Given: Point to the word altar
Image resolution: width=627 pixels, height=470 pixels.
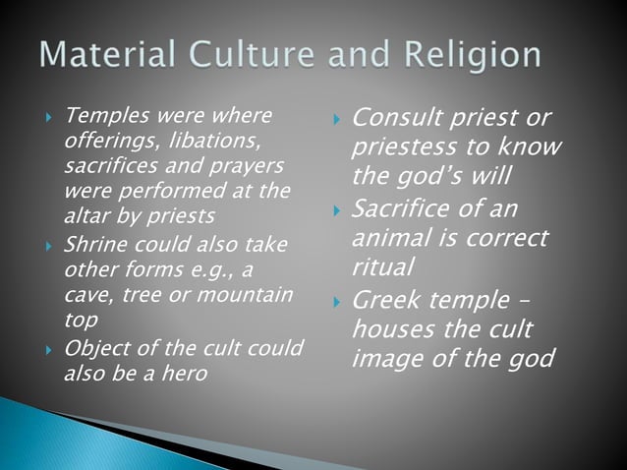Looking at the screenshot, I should pos(86,215).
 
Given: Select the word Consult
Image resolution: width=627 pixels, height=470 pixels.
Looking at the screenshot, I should pos(392,120).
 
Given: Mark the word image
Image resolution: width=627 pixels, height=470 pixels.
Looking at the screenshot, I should pos(384,359).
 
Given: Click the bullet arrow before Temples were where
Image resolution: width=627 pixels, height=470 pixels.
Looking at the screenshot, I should pos(48,120).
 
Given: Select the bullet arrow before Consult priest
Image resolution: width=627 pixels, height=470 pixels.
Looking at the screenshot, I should pos(336,122).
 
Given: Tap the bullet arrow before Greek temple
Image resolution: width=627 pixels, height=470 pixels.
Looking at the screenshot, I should pos(336,302).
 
